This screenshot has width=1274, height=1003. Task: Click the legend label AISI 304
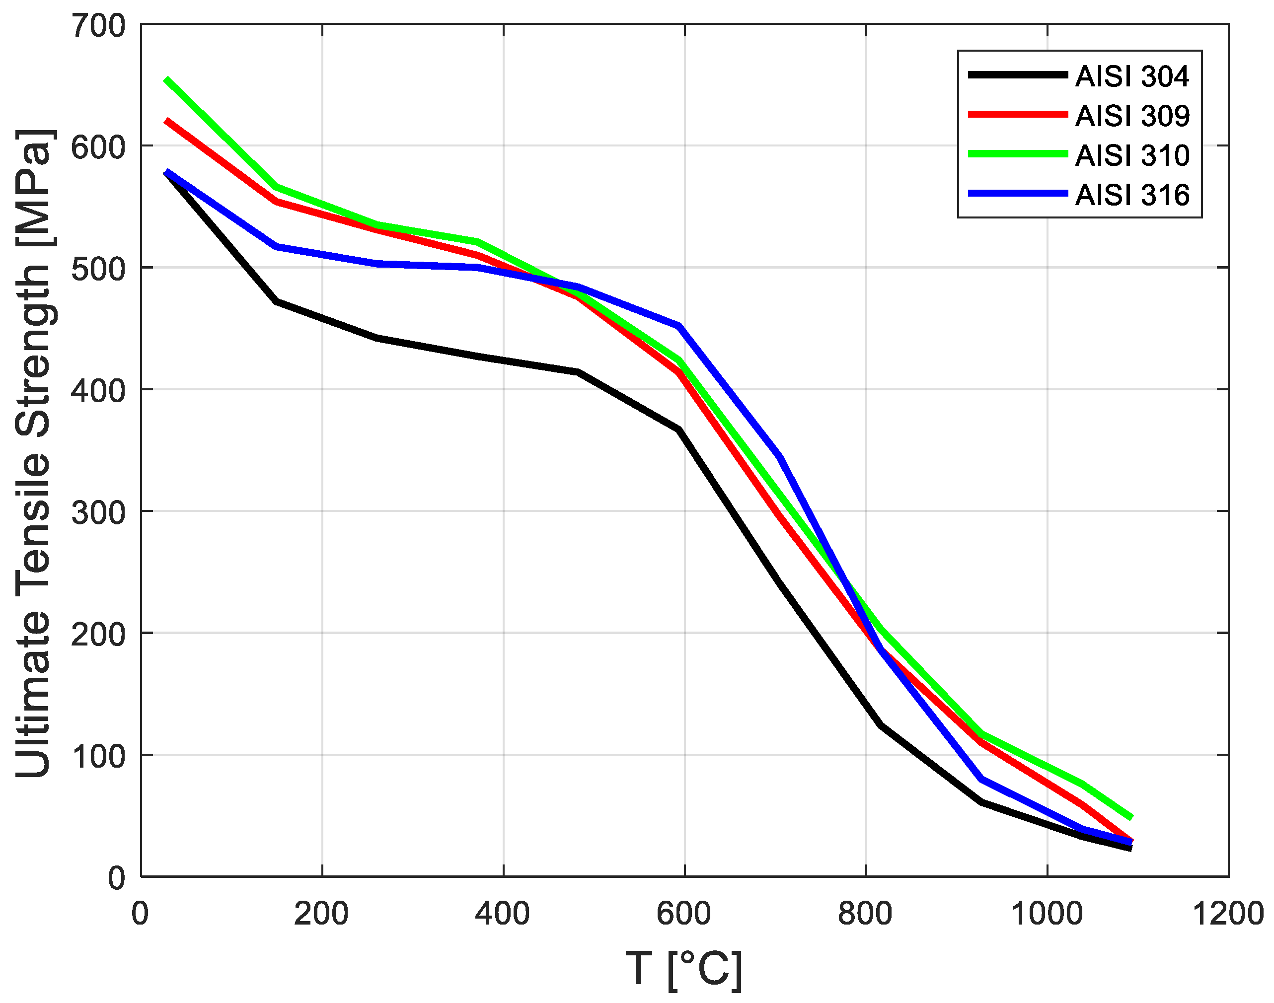pos(1132,77)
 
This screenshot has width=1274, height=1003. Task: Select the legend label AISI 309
pos(1132,116)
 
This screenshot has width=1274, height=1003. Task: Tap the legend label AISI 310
pos(1132,155)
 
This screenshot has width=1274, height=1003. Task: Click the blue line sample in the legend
pos(1017,193)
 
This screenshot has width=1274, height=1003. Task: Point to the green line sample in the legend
pos(1017,153)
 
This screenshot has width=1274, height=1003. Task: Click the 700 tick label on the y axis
pos(98,26)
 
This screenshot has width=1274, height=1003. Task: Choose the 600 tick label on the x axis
pos(684,914)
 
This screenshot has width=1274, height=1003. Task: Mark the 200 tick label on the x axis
pos(321,914)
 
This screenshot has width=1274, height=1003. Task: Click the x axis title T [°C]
pos(684,969)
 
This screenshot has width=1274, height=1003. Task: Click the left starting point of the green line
pos(167,80)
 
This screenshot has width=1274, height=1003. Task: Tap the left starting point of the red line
pos(167,121)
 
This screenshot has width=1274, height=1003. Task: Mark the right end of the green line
pos(1130,817)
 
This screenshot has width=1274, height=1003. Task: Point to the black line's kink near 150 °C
pos(277,301)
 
